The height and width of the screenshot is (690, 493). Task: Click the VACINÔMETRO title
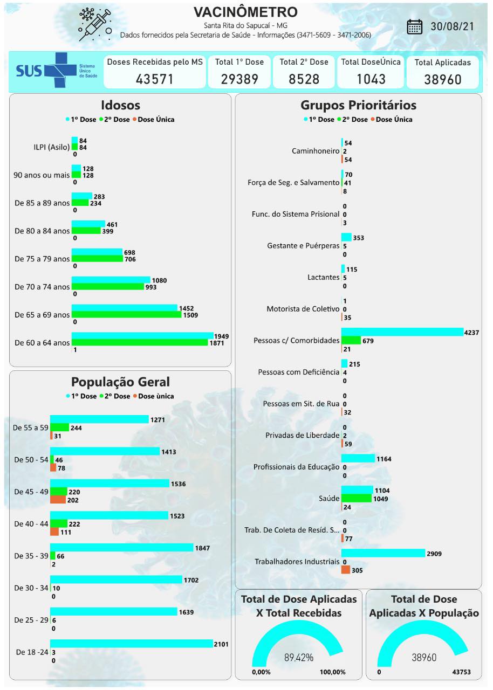click(245, 12)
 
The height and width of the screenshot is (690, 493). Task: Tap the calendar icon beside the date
click(415, 26)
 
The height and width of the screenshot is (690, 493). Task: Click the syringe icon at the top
click(95, 24)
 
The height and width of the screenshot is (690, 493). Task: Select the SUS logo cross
click(60, 71)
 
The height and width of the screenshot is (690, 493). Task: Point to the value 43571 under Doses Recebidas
click(155, 79)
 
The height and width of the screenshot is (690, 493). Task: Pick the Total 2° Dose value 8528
click(304, 79)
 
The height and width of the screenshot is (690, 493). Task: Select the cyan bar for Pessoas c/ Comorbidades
click(402, 332)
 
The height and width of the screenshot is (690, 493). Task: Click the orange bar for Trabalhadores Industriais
click(345, 570)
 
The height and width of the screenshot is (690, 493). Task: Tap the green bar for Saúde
click(357, 499)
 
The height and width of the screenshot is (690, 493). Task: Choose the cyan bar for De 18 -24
click(132, 644)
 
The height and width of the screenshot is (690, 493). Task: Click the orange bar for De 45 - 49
click(58, 500)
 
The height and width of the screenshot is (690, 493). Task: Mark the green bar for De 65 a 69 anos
click(126, 314)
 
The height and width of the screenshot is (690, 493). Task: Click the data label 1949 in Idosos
click(221, 336)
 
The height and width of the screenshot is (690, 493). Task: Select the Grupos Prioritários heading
click(358, 105)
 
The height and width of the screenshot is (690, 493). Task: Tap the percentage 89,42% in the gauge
click(298, 657)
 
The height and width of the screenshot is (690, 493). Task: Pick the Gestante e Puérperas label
click(303, 246)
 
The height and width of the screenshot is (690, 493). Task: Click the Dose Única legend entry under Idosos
click(155, 119)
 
